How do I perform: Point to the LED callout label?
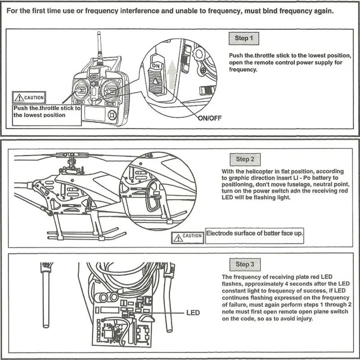click(x=193, y=312)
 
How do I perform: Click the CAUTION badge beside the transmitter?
click(x=30, y=97)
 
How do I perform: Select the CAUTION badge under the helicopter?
click(x=188, y=236)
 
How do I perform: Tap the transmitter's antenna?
click(x=99, y=49)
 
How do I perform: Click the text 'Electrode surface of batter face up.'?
click(x=254, y=233)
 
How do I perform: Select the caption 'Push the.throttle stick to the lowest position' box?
click(x=47, y=112)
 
